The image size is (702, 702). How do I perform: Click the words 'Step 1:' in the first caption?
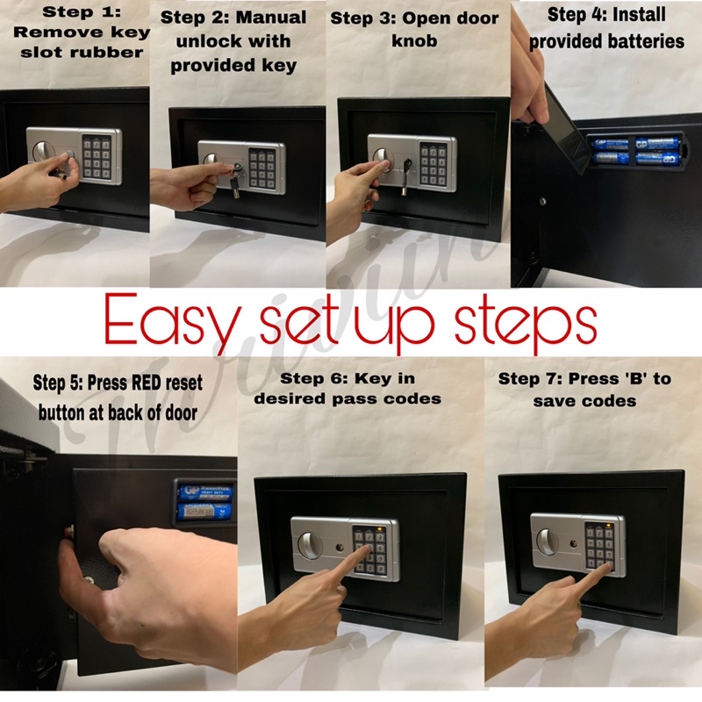[x=82, y=12]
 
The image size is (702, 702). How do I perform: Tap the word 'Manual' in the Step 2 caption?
[x=271, y=18]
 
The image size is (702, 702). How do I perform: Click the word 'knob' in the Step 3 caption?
[x=414, y=40]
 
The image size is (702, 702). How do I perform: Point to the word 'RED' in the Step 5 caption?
[x=145, y=383]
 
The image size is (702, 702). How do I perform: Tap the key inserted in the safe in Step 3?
[x=406, y=177]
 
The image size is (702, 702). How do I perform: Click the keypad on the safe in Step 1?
[x=97, y=157]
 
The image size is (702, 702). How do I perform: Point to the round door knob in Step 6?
[x=308, y=545]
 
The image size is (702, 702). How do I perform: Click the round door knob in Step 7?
[x=547, y=541]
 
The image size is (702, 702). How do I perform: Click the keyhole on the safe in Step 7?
[x=573, y=544]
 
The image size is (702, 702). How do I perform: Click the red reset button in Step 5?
[x=68, y=533]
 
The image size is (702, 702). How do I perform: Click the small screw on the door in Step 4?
[x=542, y=201]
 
